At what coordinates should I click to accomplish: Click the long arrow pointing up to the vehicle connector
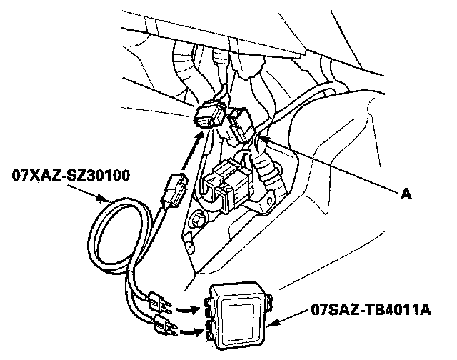pyautogui.click(x=191, y=154)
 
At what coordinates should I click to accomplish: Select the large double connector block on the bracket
pyautogui.click(x=227, y=183)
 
